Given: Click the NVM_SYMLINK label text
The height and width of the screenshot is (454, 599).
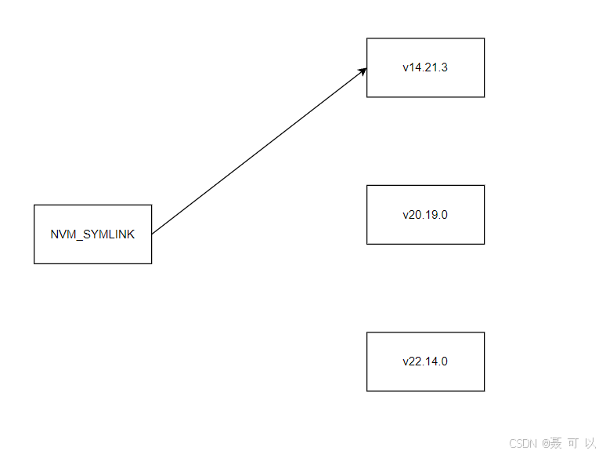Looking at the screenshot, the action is (92, 234).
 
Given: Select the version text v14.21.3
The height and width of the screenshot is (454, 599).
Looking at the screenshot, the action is (425, 67).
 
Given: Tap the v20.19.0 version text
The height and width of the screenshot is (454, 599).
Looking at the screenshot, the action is (425, 215).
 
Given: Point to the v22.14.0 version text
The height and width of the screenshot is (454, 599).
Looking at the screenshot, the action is (425, 361).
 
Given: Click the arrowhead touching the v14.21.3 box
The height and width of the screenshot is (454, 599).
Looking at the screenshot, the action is (363, 71).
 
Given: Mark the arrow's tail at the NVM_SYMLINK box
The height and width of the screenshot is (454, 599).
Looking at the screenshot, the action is (152, 233).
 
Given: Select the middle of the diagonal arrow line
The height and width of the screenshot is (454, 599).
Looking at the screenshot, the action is (258, 151).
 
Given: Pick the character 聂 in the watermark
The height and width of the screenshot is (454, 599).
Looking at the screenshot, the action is (555, 443).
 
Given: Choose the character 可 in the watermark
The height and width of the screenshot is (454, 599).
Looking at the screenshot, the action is (572, 443).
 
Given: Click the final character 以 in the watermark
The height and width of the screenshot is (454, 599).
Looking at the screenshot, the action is (590, 443).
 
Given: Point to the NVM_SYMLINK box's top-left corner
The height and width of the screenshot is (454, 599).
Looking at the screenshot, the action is (34, 205).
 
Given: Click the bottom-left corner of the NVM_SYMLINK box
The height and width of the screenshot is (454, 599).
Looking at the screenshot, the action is (34, 263).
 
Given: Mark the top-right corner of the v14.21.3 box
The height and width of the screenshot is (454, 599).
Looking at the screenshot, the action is (484, 38).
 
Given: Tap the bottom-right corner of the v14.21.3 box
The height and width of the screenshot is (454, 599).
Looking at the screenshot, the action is (484, 97).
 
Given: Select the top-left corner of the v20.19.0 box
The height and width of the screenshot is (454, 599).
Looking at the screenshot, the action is (367, 186).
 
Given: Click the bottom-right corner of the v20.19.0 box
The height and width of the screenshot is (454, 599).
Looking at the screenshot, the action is (484, 244).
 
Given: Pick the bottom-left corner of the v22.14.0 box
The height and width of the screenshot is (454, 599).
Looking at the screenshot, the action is (367, 390).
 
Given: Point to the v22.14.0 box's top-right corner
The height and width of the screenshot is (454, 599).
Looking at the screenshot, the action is (484, 332).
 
